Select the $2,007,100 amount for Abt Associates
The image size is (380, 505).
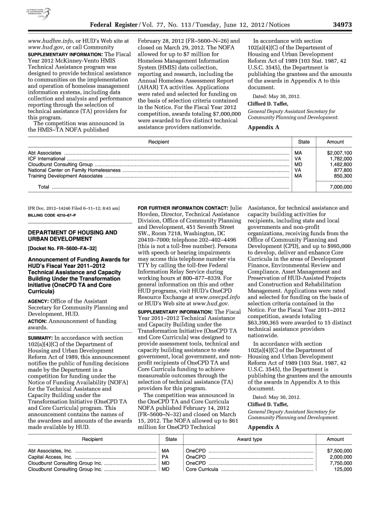(x=340, y=153)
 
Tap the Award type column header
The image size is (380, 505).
(x=250, y=438)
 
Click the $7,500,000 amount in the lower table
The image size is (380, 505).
(x=340, y=451)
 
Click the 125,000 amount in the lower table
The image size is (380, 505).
(x=343, y=469)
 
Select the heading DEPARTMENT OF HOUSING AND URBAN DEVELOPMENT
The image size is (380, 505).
(x=73, y=235)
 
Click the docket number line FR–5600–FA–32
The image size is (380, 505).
(x=62, y=248)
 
